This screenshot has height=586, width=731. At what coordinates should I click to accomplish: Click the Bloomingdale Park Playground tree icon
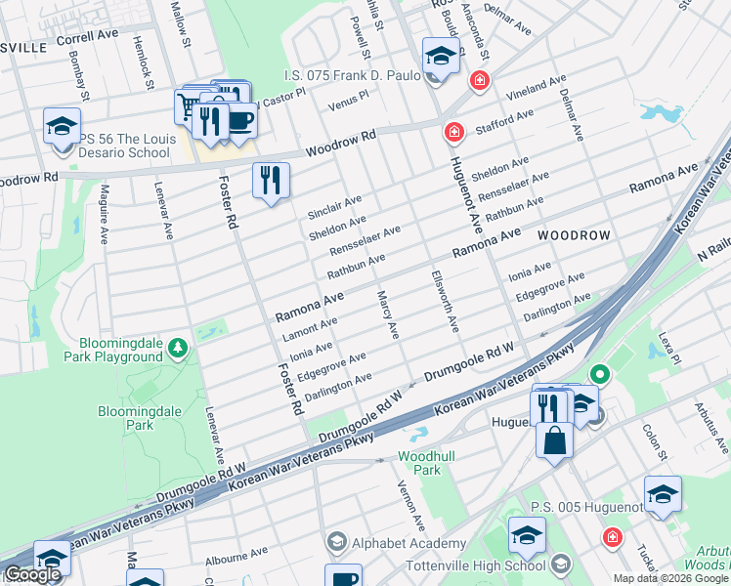point(177,347)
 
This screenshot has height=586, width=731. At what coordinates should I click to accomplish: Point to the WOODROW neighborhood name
point(573,236)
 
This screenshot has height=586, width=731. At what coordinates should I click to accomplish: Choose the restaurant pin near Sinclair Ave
point(271,181)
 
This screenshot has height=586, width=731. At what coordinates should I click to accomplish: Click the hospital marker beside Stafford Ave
point(453,132)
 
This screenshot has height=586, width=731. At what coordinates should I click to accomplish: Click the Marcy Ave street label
point(388,314)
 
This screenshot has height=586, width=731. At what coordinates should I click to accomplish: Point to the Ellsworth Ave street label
point(445,301)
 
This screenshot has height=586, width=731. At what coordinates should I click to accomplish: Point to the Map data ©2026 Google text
point(670,578)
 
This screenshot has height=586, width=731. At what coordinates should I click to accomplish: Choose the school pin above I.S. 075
point(441,57)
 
